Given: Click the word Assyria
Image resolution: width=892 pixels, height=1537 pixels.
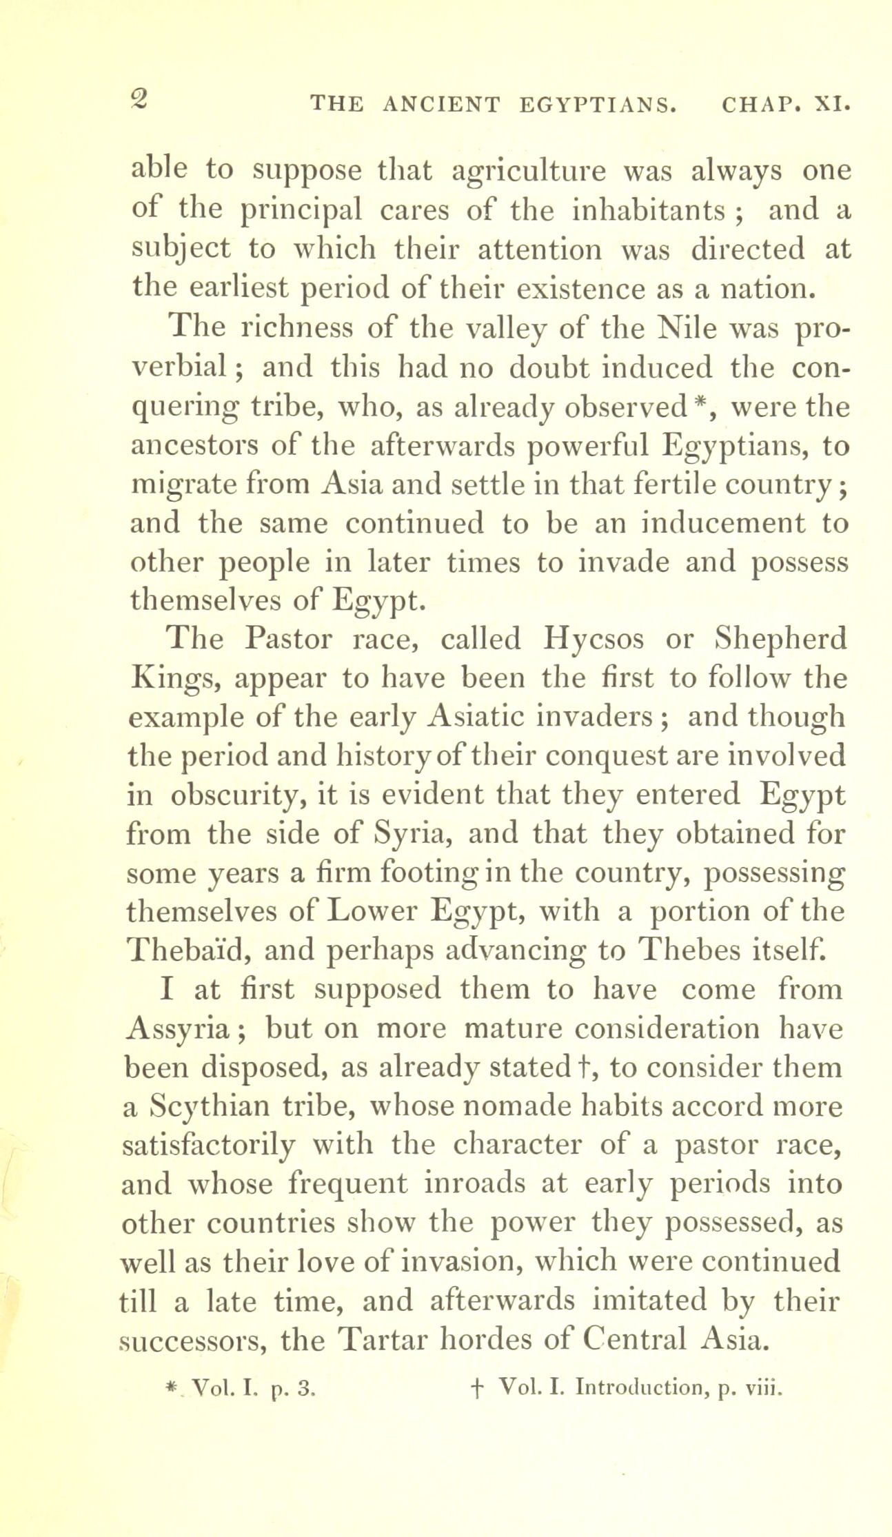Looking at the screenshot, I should [181, 1030].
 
